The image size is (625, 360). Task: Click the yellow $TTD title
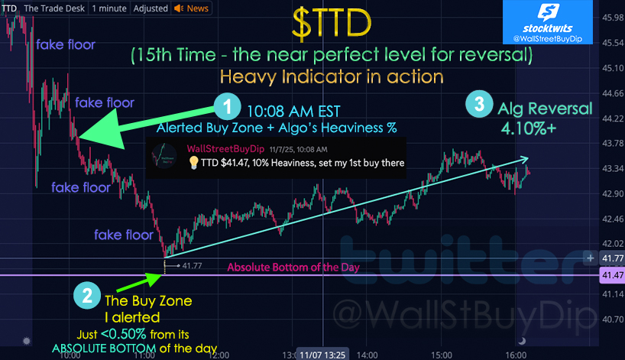point(332,24)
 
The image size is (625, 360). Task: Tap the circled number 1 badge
point(227,106)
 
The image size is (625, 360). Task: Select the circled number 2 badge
point(87,296)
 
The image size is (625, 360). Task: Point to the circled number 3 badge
point(479,104)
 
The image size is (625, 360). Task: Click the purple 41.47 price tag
point(612,275)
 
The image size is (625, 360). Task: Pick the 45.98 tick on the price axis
point(613,17)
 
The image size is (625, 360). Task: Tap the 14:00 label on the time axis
point(367,355)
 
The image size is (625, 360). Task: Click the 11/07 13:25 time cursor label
point(322,355)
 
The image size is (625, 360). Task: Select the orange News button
point(191,8)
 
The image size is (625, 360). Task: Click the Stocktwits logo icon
point(548,12)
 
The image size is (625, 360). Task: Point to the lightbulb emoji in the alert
point(193,163)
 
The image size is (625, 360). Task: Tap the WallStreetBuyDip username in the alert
point(225,149)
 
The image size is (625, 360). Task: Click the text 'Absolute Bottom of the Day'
point(293,267)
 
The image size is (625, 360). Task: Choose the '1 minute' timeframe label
point(109,8)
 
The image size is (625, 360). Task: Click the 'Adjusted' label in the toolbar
point(151,8)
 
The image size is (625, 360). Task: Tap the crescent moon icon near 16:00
point(521,341)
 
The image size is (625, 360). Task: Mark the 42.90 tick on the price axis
point(613,193)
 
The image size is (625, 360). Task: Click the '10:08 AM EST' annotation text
point(293,112)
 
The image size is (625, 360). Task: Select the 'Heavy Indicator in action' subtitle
point(332,76)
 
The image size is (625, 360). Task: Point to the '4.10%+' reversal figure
point(528,128)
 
